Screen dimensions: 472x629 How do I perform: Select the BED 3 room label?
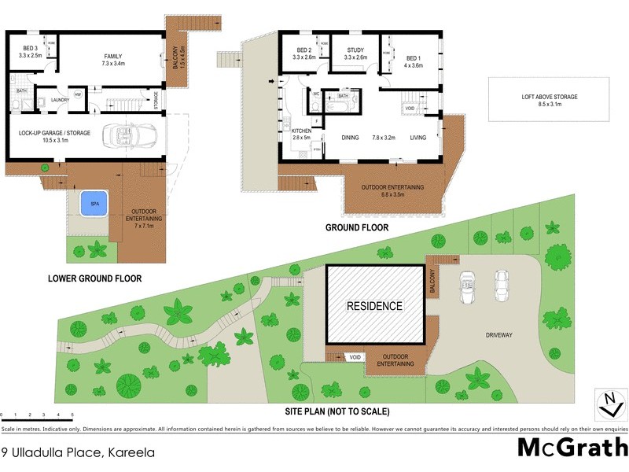tap(31, 52)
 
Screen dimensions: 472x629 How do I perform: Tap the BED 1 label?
tap(414, 62)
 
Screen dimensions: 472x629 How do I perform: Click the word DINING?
tap(350, 138)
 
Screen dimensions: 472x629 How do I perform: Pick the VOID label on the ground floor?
tap(410, 108)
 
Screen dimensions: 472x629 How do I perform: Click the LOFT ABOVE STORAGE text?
tap(549, 100)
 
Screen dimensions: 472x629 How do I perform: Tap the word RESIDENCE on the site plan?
tap(376, 306)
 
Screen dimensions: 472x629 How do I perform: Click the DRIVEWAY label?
tap(498, 335)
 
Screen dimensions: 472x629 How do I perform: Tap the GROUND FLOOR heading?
tap(357, 228)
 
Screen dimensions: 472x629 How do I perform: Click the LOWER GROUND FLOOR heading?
tap(94, 278)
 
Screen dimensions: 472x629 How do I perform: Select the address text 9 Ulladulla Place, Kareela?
tap(78, 452)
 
